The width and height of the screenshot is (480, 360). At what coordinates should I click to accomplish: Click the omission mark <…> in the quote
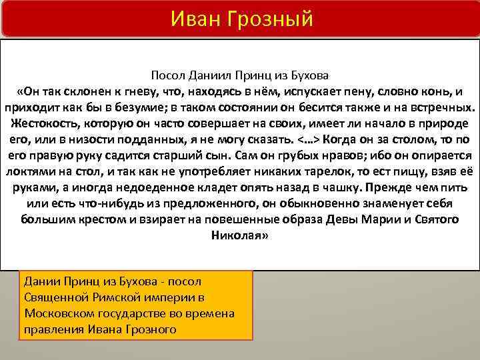point(308,139)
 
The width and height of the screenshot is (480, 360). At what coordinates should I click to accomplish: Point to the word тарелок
point(307,171)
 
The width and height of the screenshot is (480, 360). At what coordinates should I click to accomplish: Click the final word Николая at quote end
point(239,235)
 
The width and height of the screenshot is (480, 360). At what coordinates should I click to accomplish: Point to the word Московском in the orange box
point(55,313)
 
